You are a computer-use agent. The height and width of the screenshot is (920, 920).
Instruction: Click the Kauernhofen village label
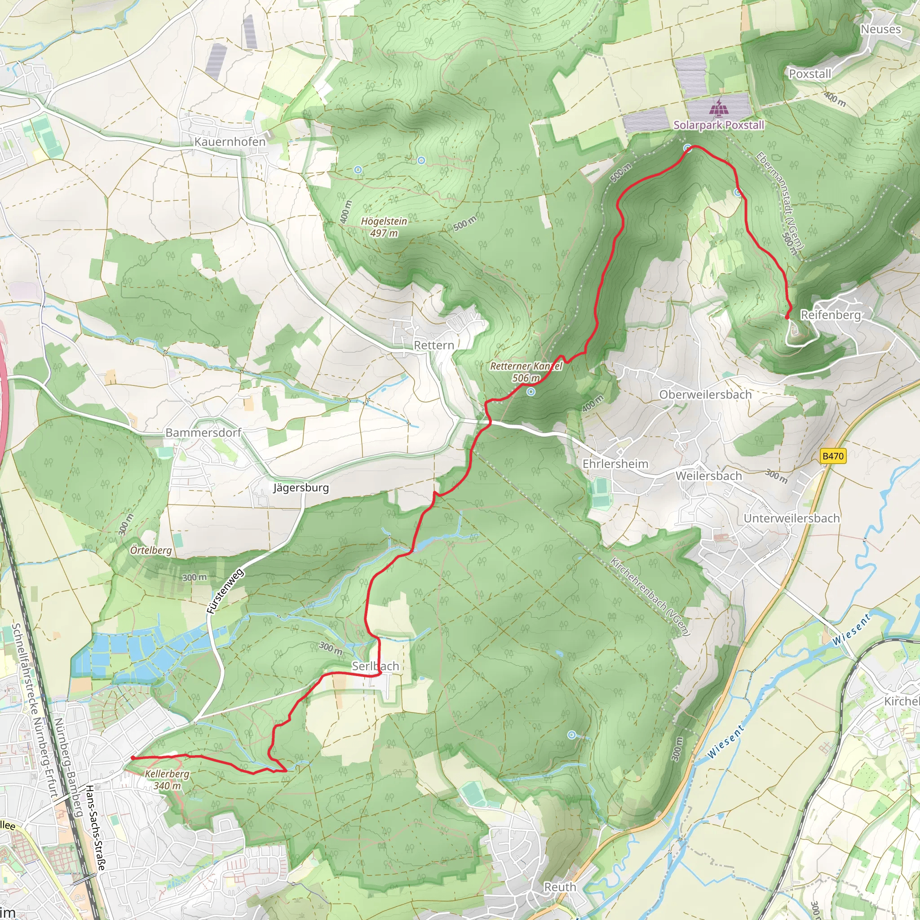[230, 142]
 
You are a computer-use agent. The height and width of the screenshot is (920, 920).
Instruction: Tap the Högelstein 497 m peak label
[384, 227]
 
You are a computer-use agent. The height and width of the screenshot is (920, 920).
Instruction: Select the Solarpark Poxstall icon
[719, 109]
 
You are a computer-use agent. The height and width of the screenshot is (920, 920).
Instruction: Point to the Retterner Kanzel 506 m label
[526, 372]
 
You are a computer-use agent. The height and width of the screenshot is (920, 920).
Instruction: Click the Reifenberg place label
[831, 315]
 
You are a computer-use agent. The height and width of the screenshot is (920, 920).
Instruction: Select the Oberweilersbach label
[705, 394]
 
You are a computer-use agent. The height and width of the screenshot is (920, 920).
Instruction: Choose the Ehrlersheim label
[615, 463]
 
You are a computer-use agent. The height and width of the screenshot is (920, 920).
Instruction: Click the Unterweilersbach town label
[792, 518]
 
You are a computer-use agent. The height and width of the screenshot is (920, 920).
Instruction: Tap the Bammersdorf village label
[203, 433]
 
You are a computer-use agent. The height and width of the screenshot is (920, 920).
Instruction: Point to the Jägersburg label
[301, 487]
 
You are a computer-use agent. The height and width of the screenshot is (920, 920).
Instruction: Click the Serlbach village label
[375, 666]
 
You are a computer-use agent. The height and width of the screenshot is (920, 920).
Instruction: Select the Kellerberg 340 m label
[167, 779]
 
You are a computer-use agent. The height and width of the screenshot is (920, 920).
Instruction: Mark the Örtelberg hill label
[151, 550]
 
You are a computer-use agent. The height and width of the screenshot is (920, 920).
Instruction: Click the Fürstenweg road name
[225, 591]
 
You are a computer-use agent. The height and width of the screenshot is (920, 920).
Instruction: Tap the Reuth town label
[560, 887]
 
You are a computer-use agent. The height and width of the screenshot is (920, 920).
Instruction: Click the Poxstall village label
[809, 74]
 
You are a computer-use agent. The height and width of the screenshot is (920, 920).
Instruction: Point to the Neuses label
[880, 29]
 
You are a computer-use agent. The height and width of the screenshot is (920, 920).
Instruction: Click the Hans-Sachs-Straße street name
[95, 827]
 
